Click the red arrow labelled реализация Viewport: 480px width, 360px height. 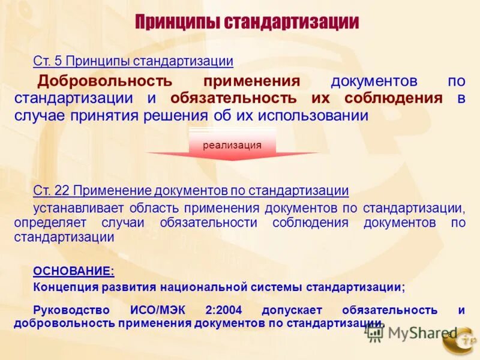232,145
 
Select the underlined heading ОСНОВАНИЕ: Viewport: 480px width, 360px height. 73,271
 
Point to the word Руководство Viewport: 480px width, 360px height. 71,310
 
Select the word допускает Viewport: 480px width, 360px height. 292,310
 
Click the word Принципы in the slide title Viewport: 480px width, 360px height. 178,23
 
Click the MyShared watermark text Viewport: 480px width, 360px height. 422,333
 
